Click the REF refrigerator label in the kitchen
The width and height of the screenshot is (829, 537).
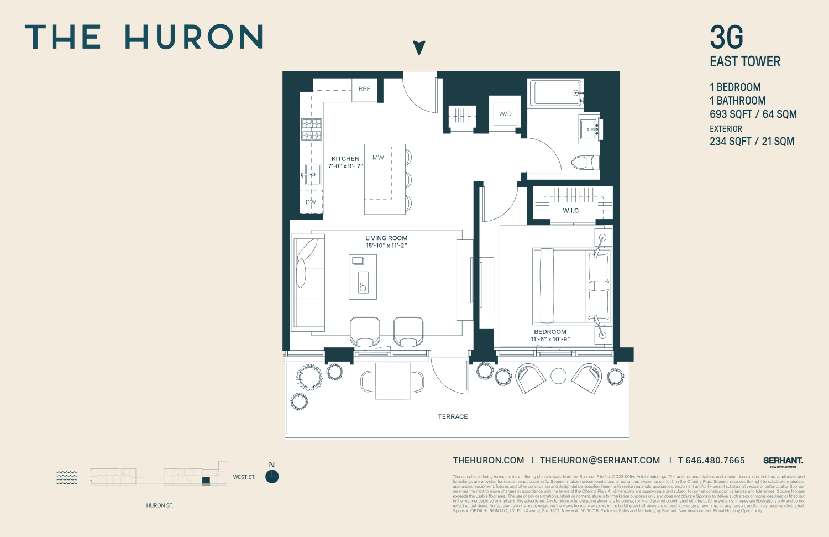[364, 89]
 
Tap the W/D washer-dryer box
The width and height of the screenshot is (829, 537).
[505, 114]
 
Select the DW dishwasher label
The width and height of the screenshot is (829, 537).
[311, 202]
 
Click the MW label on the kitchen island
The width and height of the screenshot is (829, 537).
[378, 158]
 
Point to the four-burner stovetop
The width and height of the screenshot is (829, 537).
[312, 129]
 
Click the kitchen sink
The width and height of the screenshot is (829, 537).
[312, 175]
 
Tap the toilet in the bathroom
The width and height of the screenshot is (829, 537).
[583, 162]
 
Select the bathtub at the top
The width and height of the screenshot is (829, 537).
[555, 93]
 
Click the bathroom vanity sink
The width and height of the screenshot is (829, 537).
[589, 129]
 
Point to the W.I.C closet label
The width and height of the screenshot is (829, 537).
[571, 211]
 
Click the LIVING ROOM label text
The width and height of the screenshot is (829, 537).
[386, 238]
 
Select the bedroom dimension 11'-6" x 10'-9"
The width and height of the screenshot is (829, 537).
[550, 339]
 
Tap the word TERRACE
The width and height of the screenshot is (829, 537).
[453, 417]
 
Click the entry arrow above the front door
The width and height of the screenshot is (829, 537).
[419, 48]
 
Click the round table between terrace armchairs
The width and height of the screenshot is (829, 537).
[559, 376]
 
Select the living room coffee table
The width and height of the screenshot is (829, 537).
[363, 277]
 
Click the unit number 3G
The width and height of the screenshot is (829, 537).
[726, 38]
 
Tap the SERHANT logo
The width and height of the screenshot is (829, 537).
[783, 461]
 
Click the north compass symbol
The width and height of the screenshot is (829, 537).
[272, 476]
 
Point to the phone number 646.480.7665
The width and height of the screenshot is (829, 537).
[715, 460]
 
